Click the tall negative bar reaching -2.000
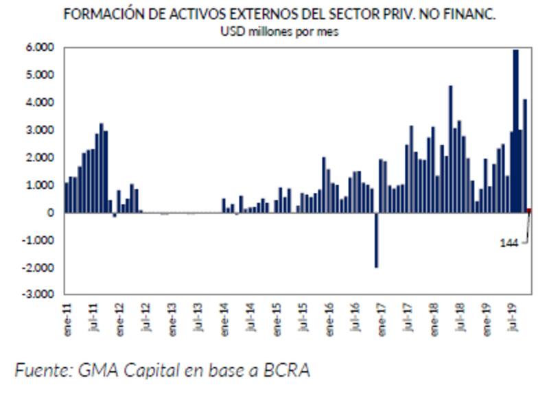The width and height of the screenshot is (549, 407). pos(376,240)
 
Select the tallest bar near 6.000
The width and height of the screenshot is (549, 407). pos(515,130)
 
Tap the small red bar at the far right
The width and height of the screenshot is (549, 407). pos(528,211)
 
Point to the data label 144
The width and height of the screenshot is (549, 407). pos(509,243)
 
